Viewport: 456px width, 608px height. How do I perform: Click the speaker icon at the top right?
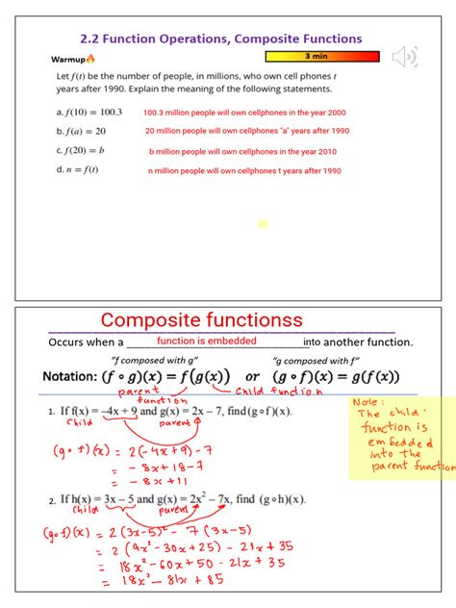pos(406,57)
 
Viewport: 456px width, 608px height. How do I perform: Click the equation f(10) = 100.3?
pos(85,112)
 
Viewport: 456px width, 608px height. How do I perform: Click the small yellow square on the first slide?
pos(263,224)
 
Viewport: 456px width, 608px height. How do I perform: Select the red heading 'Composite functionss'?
pos(202,320)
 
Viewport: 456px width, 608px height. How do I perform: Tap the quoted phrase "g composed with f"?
pos(317,360)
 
